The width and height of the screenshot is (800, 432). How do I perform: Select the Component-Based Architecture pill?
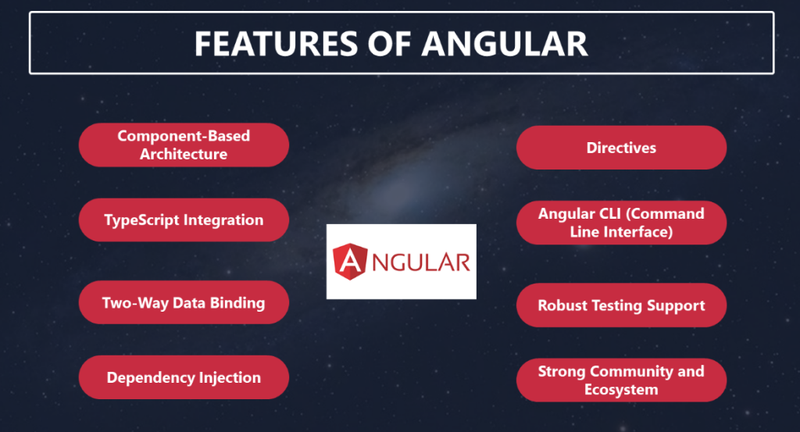184,145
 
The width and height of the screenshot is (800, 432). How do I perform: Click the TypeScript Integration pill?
184,220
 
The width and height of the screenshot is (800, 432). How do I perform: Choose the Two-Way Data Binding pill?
184,302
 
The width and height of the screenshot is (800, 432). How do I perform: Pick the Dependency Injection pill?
184,377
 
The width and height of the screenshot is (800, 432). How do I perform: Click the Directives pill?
621,148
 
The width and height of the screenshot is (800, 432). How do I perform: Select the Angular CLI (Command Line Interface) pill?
621,223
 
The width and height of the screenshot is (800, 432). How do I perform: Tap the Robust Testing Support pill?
621,305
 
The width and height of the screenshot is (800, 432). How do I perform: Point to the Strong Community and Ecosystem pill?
621,380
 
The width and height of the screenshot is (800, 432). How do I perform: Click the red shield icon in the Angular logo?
350,262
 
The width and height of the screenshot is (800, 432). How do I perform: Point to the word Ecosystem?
621,390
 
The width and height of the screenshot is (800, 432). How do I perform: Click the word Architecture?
184,154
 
